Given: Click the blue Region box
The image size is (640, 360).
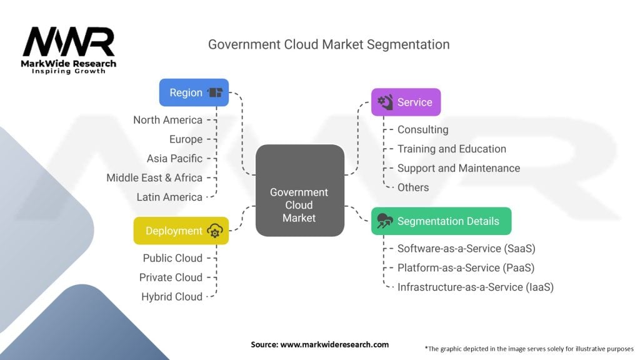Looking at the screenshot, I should click(x=194, y=92).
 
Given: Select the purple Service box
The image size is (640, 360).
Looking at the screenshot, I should click(x=406, y=102).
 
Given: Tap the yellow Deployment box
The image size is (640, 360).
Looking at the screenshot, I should click(x=181, y=231).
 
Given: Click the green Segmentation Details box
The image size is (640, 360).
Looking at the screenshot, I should click(x=441, y=221).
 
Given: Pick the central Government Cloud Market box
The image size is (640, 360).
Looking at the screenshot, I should click(x=299, y=191).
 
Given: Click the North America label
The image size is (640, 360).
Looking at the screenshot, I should click(x=167, y=120).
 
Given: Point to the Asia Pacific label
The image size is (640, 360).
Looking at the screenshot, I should click(x=174, y=158).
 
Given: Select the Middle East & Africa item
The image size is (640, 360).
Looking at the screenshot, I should click(x=154, y=177).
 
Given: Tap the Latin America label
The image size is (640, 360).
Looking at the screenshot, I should click(x=169, y=197).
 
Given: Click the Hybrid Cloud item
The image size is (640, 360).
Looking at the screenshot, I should click(x=172, y=297).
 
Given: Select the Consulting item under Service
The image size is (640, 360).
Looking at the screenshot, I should click(x=422, y=129).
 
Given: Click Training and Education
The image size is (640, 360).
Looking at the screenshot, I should click(x=451, y=149).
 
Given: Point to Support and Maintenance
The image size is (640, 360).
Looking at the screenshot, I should click(x=458, y=168).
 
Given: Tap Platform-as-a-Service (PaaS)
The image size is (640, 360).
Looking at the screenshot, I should click(x=466, y=267).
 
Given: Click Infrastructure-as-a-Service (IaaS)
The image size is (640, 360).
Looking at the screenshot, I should click(x=475, y=287).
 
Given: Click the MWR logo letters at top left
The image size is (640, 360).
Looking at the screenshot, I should click(x=69, y=42).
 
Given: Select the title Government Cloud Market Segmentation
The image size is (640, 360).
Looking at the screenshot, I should click(x=328, y=44).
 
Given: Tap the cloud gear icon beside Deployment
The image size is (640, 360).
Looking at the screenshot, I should click(x=215, y=231).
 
